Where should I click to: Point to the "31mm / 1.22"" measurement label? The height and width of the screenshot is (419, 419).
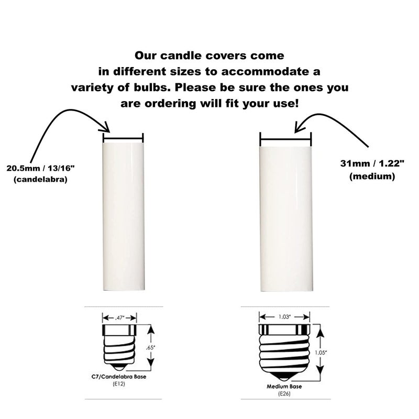(x=372, y=164)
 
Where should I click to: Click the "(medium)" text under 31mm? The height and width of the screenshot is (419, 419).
(x=372, y=177)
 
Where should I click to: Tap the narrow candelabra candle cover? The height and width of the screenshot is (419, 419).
(x=124, y=217)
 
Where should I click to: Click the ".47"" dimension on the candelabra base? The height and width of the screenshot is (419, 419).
(x=119, y=318)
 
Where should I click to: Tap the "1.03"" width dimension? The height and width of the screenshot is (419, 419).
(x=284, y=317)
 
